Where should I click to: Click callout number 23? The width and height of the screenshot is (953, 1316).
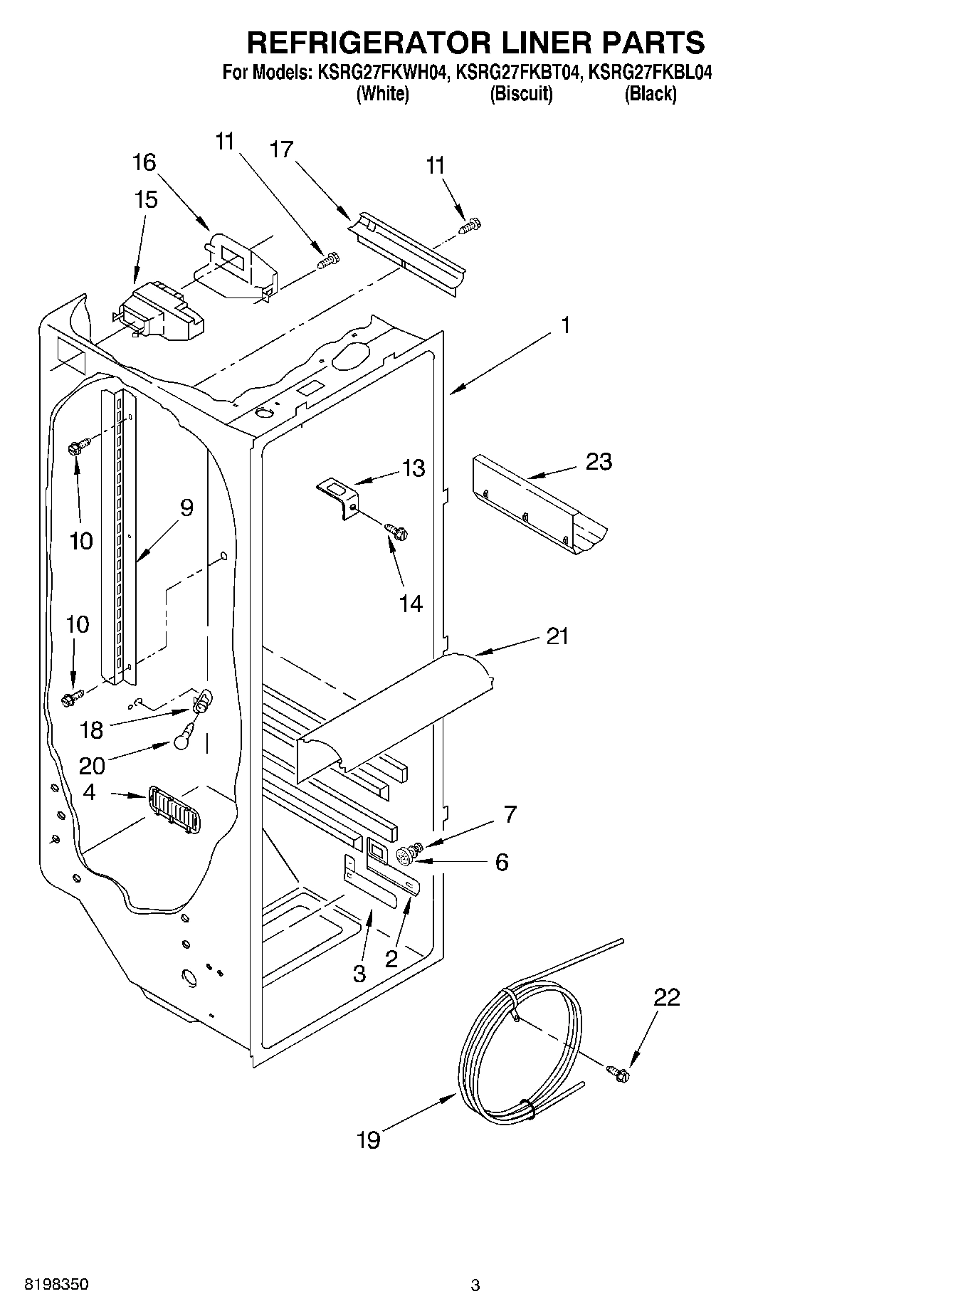pos(599,462)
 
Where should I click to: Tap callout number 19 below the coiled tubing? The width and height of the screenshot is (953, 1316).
pos(368,1140)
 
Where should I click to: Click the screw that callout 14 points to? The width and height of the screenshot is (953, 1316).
pos(396,530)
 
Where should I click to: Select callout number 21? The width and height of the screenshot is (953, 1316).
pos(557,636)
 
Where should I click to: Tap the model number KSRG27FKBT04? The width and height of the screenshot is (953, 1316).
pos(522,73)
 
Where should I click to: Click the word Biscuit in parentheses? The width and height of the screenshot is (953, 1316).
pos(521,94)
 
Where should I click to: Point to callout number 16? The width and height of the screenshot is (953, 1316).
pos(144,162)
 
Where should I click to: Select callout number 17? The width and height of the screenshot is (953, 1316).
pos(282,149)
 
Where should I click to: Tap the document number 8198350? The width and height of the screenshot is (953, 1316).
pos(57,1285)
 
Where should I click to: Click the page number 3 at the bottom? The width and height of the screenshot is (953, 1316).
pos(475,1285)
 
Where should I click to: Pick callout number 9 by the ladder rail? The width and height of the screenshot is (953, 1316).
pos(186,507)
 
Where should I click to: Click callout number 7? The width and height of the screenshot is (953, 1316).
pos(510,814)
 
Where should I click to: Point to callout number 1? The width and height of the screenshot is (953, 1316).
pos(564,325)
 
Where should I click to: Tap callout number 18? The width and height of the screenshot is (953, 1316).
pos(92,730)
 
